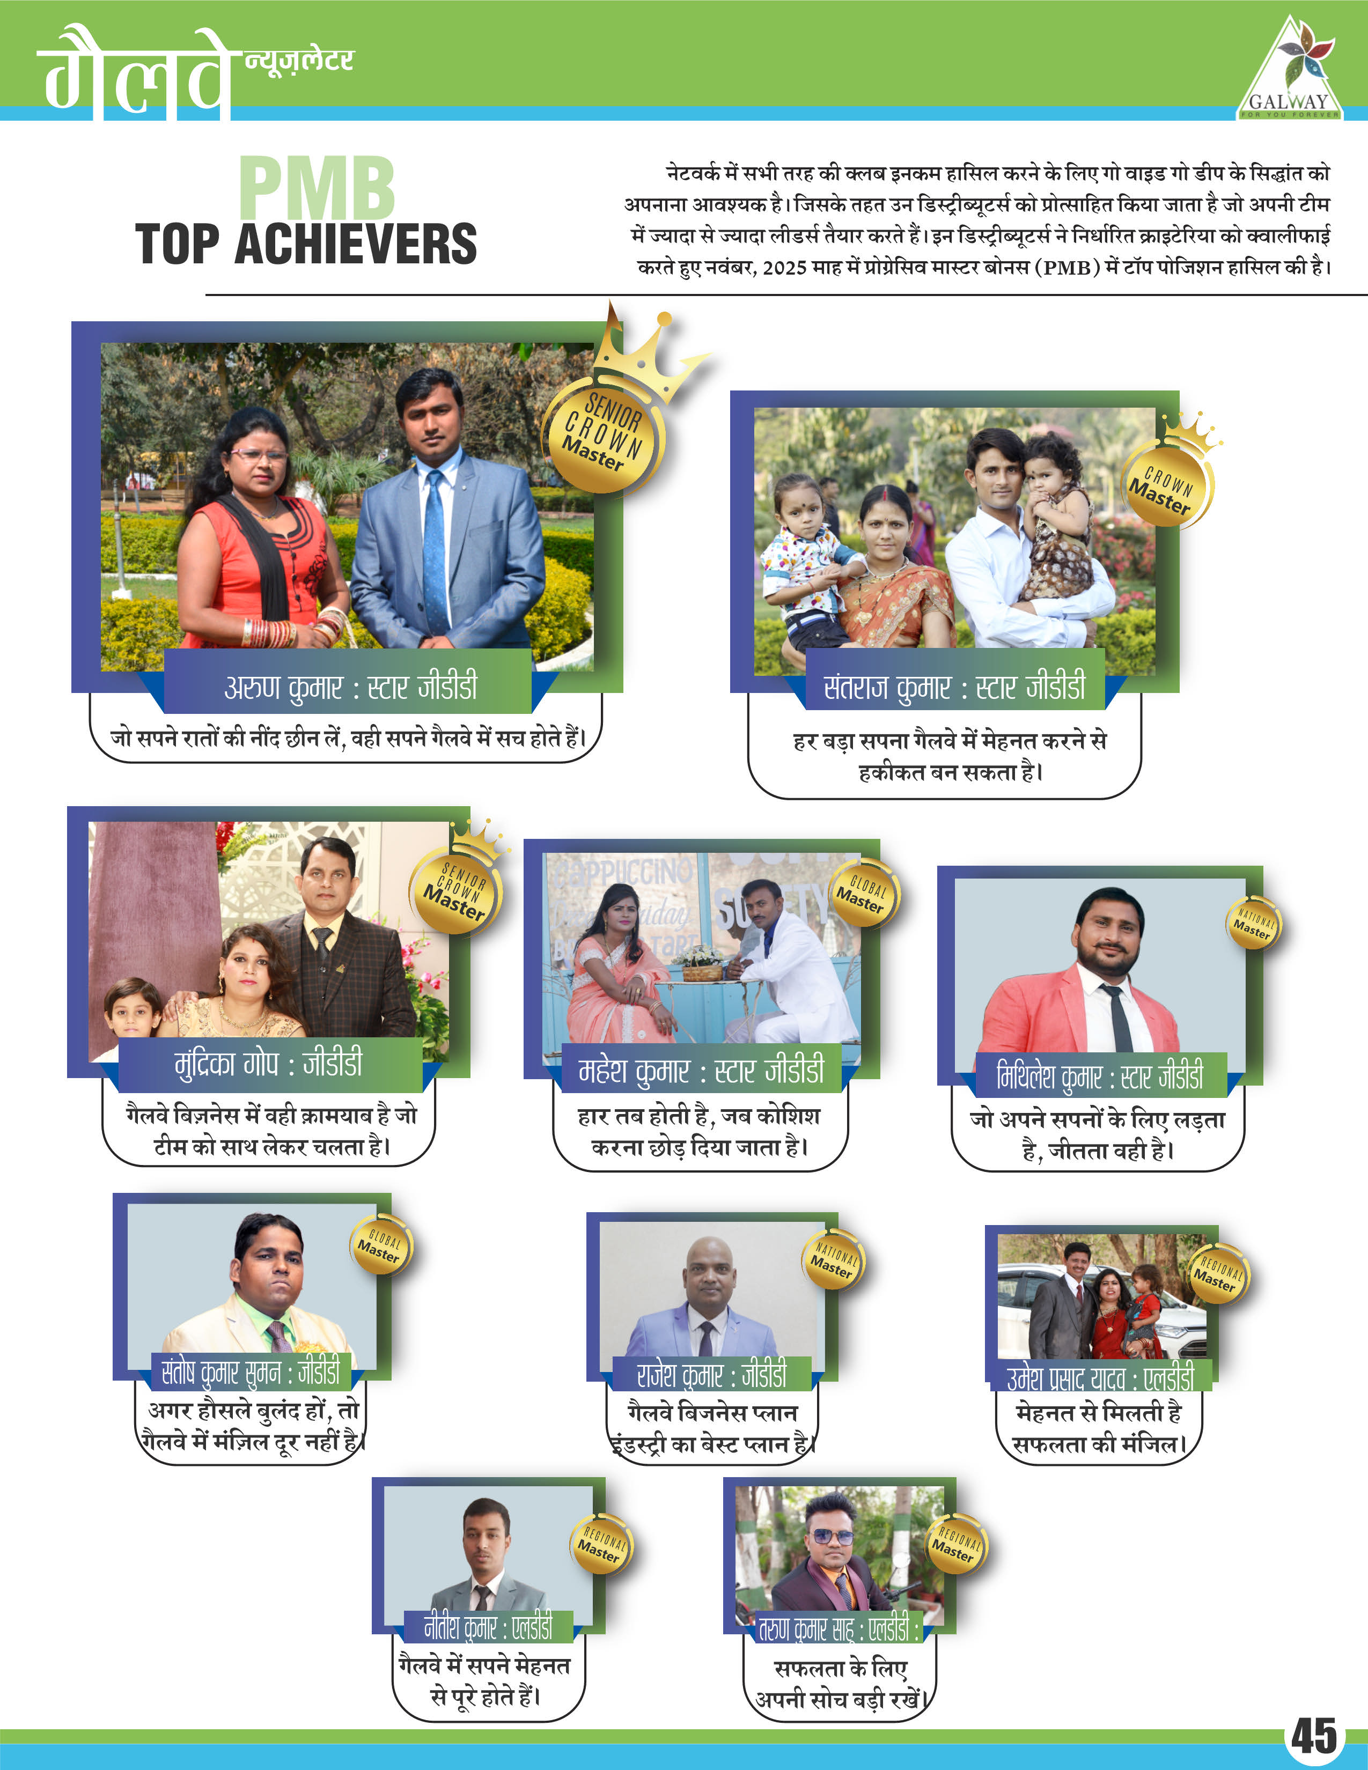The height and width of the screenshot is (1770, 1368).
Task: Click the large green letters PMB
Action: pos(317,189)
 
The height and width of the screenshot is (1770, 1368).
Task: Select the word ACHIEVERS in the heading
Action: pos(356,244)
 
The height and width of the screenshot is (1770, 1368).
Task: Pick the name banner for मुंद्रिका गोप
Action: pos(270,1063)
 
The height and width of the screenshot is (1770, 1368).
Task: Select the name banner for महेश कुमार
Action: pos(701,1070)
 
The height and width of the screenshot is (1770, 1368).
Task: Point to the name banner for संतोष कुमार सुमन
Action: pos(251,1372)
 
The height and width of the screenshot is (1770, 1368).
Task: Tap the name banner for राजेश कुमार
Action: pos(711,1375)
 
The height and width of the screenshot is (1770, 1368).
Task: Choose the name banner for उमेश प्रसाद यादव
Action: pos(1100,1377)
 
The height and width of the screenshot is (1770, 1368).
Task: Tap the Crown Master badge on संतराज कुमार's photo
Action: pos(1165,485)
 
